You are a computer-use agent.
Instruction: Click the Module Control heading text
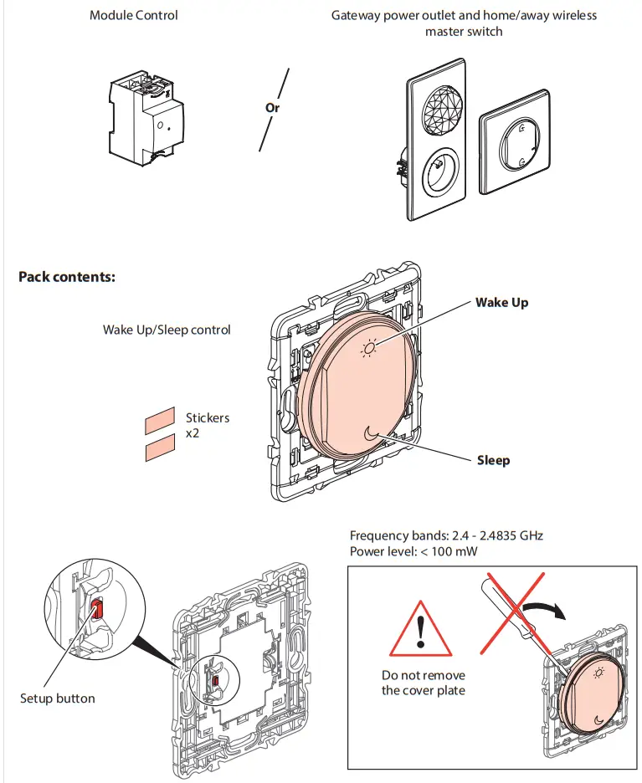tap(133, 15)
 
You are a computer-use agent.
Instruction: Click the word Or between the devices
tap(272, 108)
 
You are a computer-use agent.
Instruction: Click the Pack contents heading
tap(66, 277)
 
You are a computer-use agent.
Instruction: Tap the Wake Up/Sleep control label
tap(167, 330)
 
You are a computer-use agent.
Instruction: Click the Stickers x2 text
tap(207, 425)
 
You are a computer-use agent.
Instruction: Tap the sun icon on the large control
tap(369, 347)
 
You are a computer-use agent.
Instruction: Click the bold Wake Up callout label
tap(501, 302)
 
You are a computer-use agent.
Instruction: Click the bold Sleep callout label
tap(493, 459)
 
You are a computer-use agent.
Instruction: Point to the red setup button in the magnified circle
tap(96, 609)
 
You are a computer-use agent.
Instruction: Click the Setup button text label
tap(58, 698)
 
